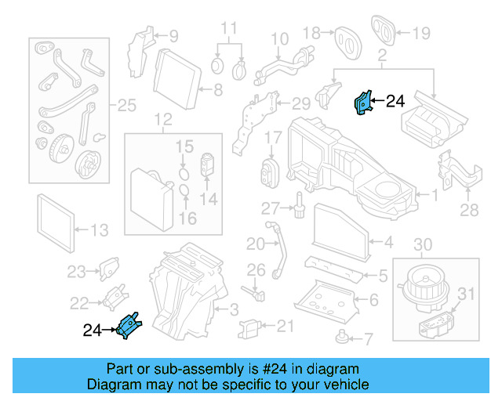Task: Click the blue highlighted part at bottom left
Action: click(129, 325)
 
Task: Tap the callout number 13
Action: click(100, 230)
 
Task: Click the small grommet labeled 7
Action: click(342, 338)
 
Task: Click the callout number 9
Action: click(172, 35)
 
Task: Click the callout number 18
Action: click(312, 32)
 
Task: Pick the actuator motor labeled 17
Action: click(270, 172)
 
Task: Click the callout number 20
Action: click(256, 244)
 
